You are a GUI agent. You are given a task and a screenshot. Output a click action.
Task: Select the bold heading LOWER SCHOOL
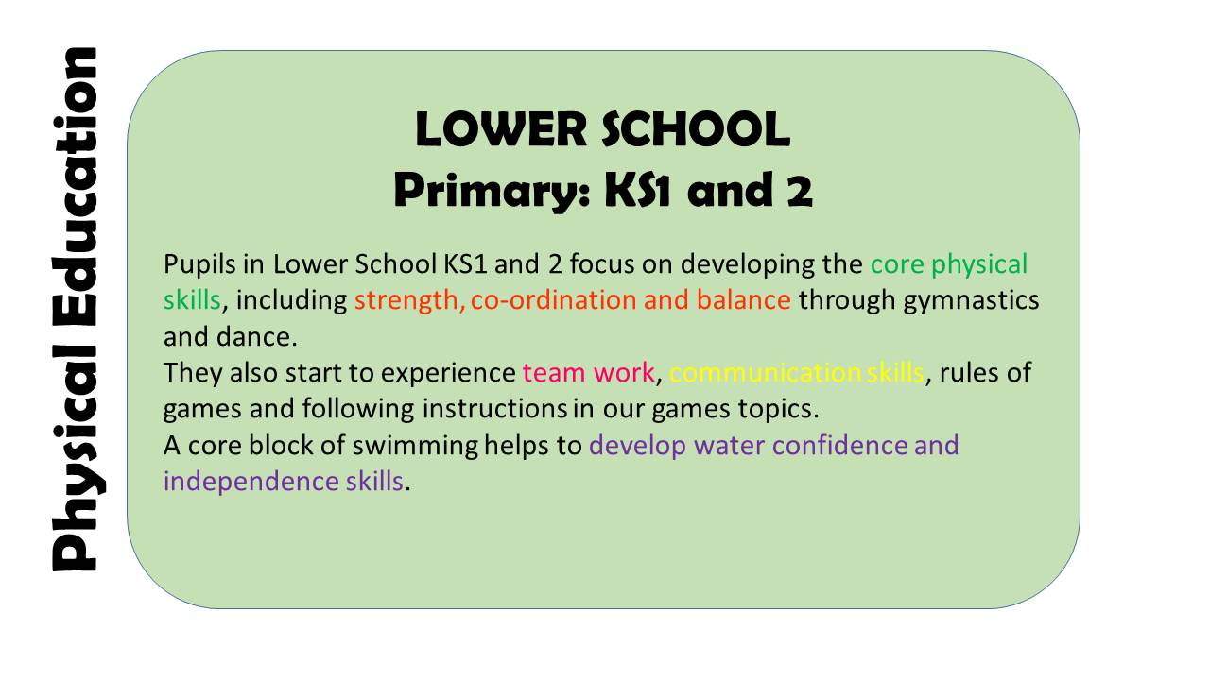603,130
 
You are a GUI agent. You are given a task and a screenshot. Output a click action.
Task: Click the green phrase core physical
948,264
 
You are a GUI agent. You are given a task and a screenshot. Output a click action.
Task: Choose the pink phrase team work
588,372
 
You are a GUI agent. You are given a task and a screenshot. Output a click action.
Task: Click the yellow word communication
765,372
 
